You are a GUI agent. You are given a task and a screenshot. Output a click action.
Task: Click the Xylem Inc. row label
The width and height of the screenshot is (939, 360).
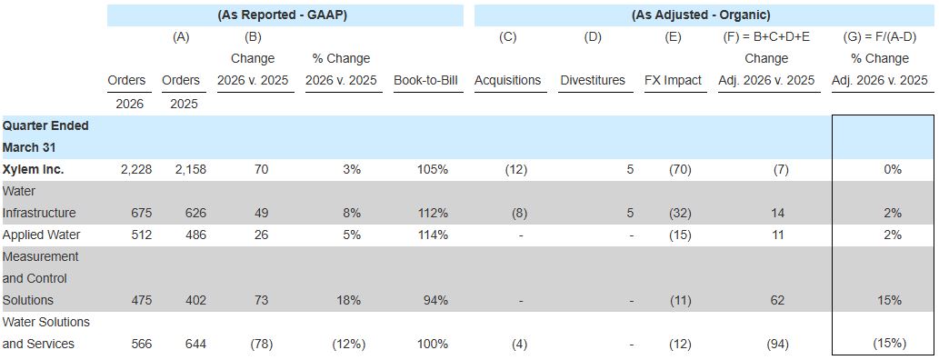tap(33, 169)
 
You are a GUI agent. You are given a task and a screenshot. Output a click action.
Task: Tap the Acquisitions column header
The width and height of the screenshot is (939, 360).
tap(508, 80)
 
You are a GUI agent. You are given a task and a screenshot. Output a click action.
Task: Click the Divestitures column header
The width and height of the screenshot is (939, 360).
tap(593, 80)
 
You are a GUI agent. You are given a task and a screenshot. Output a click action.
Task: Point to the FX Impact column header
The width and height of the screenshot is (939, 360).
tap(673, 80)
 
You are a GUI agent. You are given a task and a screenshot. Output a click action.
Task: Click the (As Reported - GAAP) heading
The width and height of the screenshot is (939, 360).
tap(282, 15)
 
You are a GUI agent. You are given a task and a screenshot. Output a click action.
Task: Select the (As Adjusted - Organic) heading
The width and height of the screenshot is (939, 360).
tap(701, 15)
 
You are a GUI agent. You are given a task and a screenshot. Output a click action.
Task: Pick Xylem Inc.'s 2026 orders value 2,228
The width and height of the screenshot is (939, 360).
tap(136, 169)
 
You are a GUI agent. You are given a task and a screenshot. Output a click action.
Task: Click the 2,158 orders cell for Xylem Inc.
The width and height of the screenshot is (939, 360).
tap(190, 169)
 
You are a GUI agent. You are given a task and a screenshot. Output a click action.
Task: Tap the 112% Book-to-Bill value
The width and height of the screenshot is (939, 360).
tap(433, 213)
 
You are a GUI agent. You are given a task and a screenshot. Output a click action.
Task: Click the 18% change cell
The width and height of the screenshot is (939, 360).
tap(348, 300)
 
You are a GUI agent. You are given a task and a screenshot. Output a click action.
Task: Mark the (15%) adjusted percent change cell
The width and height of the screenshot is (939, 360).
tap(889, 344)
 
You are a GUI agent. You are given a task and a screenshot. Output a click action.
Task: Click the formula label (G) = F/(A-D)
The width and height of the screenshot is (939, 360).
tap(884, 37)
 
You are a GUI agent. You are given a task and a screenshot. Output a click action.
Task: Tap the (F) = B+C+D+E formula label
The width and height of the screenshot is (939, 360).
tap(766, 37)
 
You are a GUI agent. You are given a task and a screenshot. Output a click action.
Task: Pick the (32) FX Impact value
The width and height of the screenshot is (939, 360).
tap(679, 213)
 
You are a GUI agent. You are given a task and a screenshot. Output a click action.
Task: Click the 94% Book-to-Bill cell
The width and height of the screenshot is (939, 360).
tap(435, 300)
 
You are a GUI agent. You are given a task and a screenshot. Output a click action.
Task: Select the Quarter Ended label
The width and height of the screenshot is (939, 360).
tap(45, 125)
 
